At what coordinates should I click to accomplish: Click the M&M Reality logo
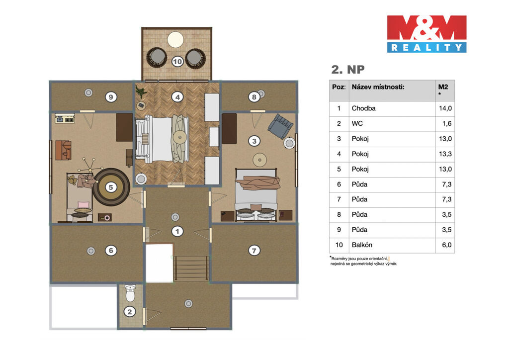(x=426, y=34)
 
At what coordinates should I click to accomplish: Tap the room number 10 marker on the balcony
(x=177, y=61)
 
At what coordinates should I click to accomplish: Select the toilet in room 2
(x=130, y=293)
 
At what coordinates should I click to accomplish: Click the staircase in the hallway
(x=191, y=268)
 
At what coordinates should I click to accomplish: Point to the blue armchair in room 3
(x=280, y=126)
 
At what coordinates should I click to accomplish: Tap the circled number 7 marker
(x=254, y=250)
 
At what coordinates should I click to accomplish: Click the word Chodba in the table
(x=363, y=108)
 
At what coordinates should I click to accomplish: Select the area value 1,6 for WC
(x=447, y=123)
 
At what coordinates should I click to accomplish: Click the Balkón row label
(x=362, y=245)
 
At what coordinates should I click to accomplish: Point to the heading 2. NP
(x=347, y=70)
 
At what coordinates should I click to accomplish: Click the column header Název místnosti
(x=378, y=87)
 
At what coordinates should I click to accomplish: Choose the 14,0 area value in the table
(x=445, y=108)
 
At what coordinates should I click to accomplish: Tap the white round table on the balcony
(x=175, y=40)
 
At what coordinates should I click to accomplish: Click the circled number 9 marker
(x=111, y=97)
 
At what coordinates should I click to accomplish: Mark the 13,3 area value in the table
(x=445, y=154)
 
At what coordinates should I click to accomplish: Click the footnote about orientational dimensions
(x=363, y=262)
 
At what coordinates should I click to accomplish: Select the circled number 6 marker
(x=111, y=250)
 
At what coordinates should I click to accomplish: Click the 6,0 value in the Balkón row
(x=447, y=245)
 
